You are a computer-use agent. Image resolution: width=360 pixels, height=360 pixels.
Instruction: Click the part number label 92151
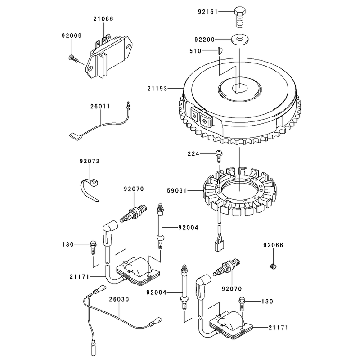[x=207, y=12]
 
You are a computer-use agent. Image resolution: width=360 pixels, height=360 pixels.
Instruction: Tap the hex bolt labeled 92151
[x=240, y=17]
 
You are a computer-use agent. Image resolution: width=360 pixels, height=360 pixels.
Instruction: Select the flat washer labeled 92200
[x=240, y=39]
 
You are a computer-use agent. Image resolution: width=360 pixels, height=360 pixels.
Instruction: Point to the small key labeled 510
[x=220, y=50]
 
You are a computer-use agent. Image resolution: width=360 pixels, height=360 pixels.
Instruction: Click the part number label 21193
[x=157, y=88]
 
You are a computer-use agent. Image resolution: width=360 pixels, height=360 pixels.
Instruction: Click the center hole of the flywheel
[x=240, y=88]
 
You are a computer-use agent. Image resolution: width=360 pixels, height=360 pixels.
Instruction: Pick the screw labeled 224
[x=219, y=156]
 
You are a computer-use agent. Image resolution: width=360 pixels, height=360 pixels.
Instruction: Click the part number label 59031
[x=177, y=190]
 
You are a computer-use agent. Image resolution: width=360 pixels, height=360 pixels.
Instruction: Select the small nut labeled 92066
[x=273, y=266]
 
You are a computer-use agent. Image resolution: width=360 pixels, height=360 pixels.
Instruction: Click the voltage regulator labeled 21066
[x=109, y=56]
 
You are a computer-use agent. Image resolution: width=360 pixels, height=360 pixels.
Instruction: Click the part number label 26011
[x=100, y=107]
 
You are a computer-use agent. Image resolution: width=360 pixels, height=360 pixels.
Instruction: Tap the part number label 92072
[x=90, y=161]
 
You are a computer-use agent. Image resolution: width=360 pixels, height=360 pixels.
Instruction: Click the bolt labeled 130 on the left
[x=93, y=247]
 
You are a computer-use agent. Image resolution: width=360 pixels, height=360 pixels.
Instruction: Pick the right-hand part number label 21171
[x=278, y=328]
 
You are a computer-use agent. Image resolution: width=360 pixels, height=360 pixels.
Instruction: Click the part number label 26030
[x=119, y=299]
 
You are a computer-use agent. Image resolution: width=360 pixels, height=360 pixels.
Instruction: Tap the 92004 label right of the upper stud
[x=188, y=228]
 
